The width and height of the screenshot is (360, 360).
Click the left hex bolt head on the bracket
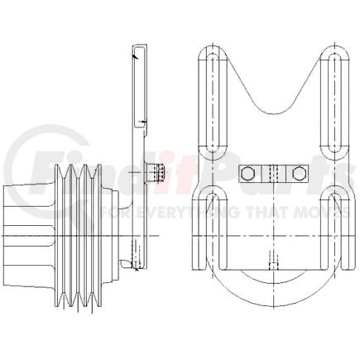pos(247,174)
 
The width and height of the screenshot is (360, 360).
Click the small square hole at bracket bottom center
pos(272,266)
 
